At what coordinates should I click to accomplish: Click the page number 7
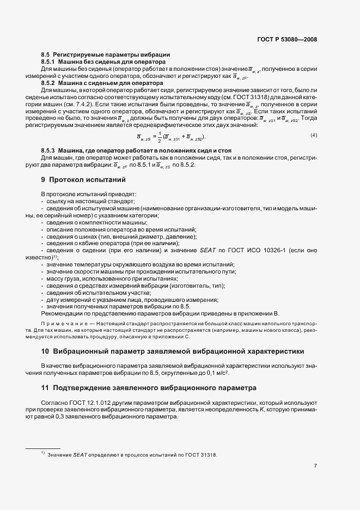[315, 466]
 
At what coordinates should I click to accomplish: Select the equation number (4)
[314, 135]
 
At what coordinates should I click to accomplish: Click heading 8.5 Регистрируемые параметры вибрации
[106, 55]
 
